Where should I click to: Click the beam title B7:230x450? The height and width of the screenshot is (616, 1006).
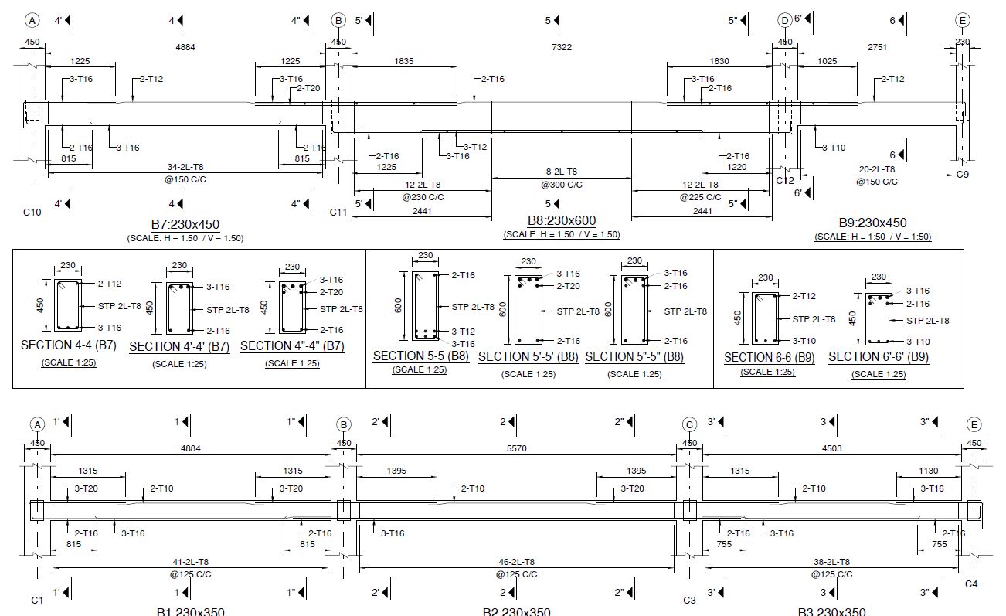pyautogui.click(x=185, y=224)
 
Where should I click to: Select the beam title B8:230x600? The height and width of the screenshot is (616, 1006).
pyautogui.click(x=562, y=221)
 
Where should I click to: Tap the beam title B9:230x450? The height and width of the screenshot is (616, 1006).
pyautogui.click(x=872, y=223)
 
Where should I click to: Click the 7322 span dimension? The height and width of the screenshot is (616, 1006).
pyautogui.click(x=562, y=47)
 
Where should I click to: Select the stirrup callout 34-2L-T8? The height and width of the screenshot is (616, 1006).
pyautogui.click(x=185, y=167)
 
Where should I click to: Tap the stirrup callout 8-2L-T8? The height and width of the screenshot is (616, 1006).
pyautogui.click(x=562, y=172)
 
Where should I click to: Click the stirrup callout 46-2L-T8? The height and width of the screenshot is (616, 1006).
pyautogui.click(x=516, y=562)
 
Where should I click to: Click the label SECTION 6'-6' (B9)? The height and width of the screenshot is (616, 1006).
pyautogui.click(x=879, y=357)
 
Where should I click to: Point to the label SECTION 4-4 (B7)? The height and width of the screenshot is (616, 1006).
pyautogui.click(x=69, y=345)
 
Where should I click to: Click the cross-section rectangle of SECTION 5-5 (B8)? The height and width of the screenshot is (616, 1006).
pyautogui.click(x=425, y=306)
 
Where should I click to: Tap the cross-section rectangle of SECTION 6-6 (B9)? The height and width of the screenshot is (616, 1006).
pyautogui.click(x=765, y=318)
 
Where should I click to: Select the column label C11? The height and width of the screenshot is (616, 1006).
pyautogui.click(x=338, y=212)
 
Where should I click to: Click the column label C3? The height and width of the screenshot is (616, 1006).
pyautogui.click(x=690, y=600)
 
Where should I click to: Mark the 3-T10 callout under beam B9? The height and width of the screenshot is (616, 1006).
pyautogui.click(x=834, y=147)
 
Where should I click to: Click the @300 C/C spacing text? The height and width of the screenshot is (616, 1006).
pyautogui.click(x=562, y=185)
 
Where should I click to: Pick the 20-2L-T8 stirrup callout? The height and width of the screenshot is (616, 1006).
pyautogui.click(x=876, y=169)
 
